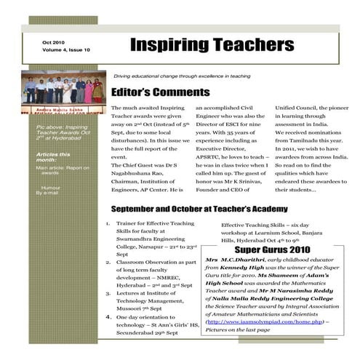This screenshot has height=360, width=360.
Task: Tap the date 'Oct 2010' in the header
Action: pyautogui.click(x=55, y=43)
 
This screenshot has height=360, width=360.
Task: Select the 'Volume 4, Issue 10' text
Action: pyautogui.click(x=66, y=50)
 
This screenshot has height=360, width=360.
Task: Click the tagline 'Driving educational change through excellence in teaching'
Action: pyautogui.click(x=182, y=76)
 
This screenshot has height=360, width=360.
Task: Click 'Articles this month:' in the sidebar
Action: pyautogui.click(x=53, y=157)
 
